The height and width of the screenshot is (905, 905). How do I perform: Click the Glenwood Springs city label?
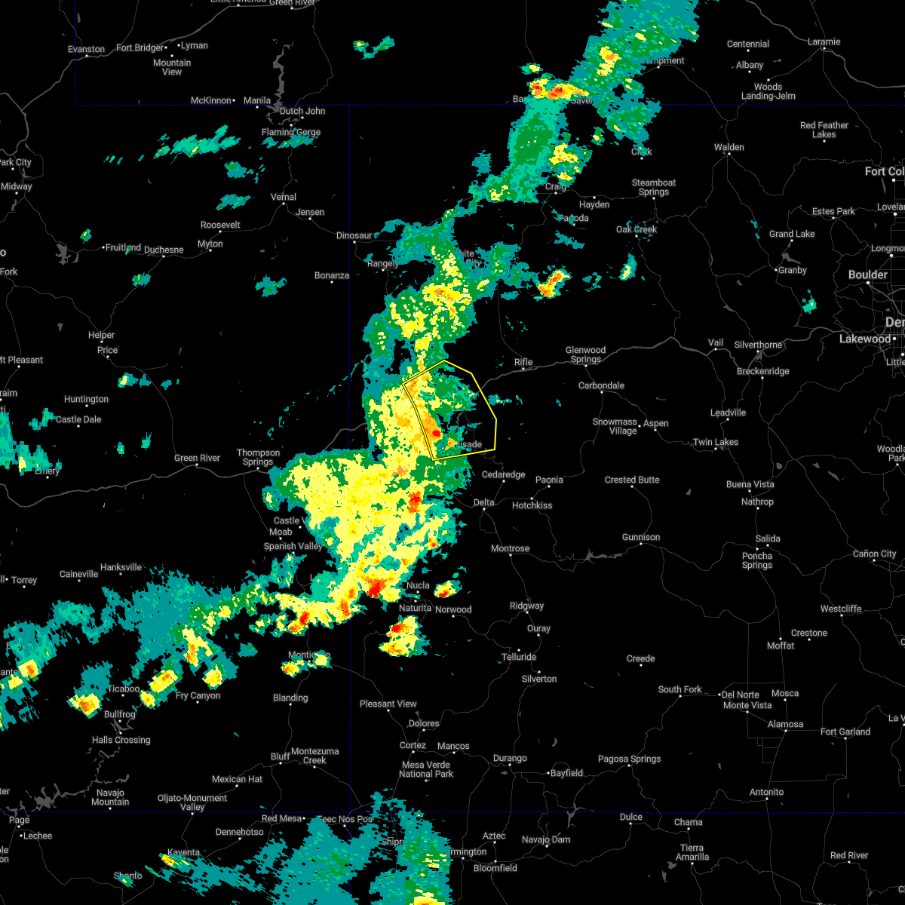tap(586, 354)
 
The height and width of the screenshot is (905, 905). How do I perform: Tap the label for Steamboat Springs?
tap(654, 187)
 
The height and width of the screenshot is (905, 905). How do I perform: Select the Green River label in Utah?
tap(197, 458)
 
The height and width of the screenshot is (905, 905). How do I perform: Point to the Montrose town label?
tap(511, 548)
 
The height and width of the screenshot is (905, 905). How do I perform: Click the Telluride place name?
tap(519, 657)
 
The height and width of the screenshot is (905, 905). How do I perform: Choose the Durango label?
tap(510, 758)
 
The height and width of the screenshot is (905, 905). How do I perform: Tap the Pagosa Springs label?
tap(630, 759)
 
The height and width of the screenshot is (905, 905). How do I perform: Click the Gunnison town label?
tap(641, 537)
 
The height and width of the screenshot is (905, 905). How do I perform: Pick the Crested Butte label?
tap(632, 480)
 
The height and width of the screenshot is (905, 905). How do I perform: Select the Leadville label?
tap(728, 413)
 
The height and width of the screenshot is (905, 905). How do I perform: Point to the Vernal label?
tap(284, 197)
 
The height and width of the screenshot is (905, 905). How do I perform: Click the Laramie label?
tap(824, 41)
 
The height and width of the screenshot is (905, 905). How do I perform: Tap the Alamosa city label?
tap(785, 724)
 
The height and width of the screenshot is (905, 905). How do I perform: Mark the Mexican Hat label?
tap(238, 779)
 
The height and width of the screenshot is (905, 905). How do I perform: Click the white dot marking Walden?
tap(729, 156)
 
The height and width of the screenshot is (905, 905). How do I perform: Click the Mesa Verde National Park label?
tap(426, 769)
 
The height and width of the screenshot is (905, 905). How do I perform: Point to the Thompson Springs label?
tap(258, 457)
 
